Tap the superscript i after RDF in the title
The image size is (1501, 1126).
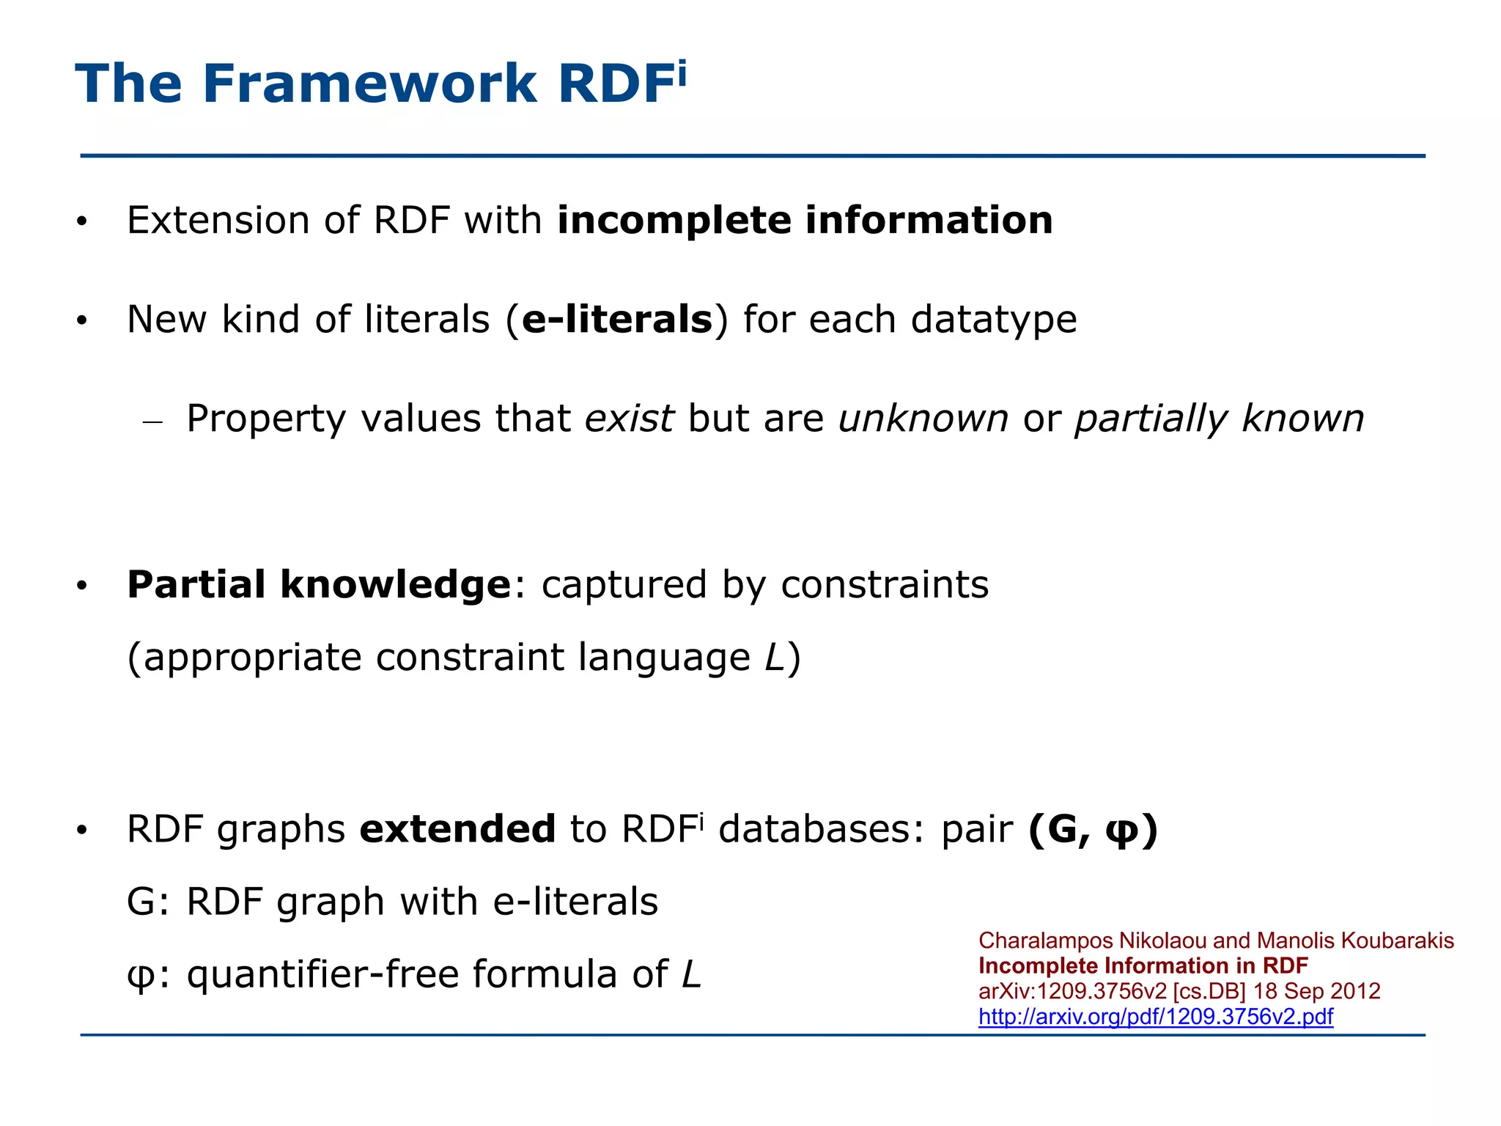coord(682,73)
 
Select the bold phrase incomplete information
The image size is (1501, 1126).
coord(805,221)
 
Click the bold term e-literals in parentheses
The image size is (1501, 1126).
coord(616,320)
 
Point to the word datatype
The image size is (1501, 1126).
coord(993,320)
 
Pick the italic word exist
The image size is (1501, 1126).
coord(629,419)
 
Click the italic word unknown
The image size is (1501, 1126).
coord(923,419)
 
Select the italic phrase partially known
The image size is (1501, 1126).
coord(1219,419)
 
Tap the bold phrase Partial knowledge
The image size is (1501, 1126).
coord(319,585)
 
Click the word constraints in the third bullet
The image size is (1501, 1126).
coord(884,585)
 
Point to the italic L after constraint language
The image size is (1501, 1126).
coord(774,657)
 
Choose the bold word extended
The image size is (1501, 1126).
coord(457,830)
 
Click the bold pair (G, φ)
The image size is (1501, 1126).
coord(1092,830)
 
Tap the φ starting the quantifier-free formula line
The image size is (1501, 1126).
coord(139,976)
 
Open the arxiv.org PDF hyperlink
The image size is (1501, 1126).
coord(1155,1017)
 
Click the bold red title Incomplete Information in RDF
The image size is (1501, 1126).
coord(1143,966)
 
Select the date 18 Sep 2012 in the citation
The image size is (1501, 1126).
coord(1316,991)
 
